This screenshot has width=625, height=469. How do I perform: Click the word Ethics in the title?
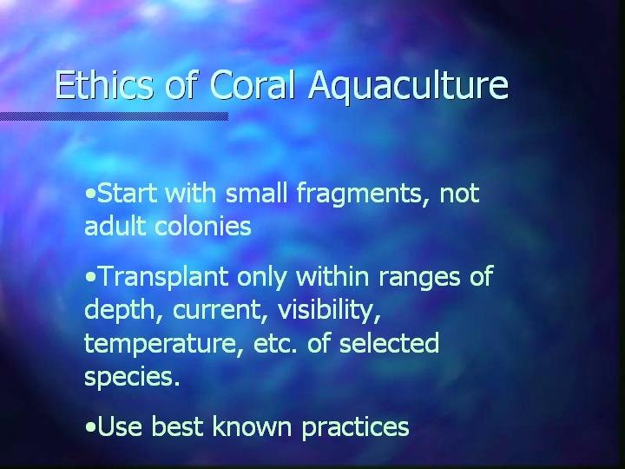[103, 84]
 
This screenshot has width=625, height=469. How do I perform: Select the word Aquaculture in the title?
[409, 88]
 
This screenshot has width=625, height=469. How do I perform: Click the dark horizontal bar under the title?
[114, 116]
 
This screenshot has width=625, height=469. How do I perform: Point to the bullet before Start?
[90, 194]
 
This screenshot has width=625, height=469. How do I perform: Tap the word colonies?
[203, 226]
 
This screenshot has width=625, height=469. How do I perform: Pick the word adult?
[115, 226]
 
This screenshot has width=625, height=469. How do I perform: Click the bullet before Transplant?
[90, 277]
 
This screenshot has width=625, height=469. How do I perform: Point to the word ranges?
[419, 278]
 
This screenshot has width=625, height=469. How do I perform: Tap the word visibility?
[329, 310]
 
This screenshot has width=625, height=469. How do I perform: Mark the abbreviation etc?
[276, 344]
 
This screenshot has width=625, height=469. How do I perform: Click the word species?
[132, 377]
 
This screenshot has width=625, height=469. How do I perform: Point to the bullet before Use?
[90, 427]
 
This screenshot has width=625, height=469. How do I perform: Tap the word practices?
[355, 427]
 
